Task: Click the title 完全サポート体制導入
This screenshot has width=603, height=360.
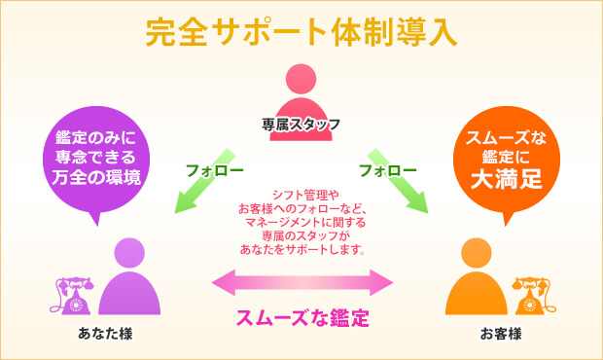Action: pyautogui.click(x=301, y=31)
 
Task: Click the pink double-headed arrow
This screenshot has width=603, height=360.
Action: pyautogui.click(x=301, y=283)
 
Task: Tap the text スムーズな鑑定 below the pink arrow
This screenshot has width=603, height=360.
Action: pyautogui.click(x=302, y=318)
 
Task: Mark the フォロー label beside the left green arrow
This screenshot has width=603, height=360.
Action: pyautogui.click(x=215, y=171)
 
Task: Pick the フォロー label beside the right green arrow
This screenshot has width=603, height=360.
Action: pyautogui.click(x=387, y=171)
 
